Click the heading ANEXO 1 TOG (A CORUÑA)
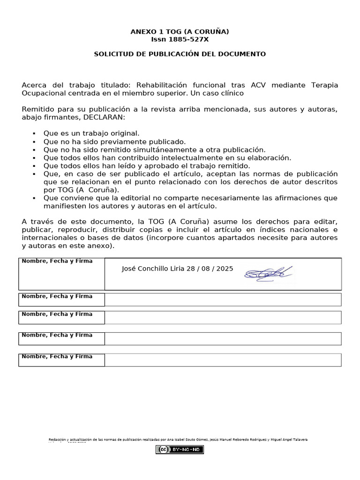(180, 31)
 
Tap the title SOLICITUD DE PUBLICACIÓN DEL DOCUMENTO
(180, 54)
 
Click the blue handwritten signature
(268, 273)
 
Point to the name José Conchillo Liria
(153, 269)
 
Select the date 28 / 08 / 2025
(210, 269)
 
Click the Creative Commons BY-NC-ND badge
(180, 450)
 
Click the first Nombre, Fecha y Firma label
(57, 261)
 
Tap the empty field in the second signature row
(223, 300)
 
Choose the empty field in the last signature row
(223, 360)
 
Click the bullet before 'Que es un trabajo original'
(35, 134)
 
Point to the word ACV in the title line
(258, 85)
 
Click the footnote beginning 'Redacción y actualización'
(178, 439)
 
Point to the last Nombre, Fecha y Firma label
(57, 357)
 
